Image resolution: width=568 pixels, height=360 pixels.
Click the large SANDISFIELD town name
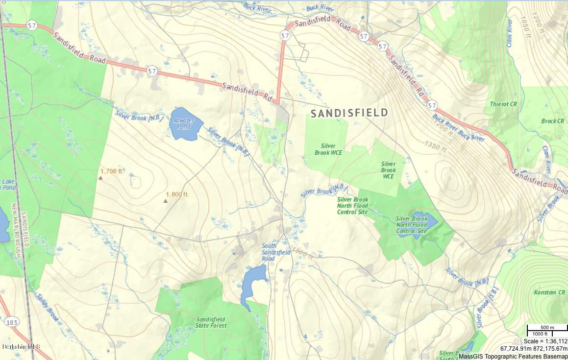[x=349, y=113]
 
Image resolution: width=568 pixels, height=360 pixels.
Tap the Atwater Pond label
[x=184, y=123]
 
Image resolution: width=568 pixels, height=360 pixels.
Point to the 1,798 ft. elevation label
[x=112, y=171]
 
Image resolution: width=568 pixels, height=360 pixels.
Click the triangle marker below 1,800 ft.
[x=165, y=201]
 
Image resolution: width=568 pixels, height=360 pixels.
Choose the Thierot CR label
[x=503, y=104]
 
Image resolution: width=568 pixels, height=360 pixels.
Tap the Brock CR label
[x=552, y=121]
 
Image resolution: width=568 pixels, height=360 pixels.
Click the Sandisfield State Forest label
[x=211, y=322]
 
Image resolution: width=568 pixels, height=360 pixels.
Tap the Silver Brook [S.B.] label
[x=484, y=307]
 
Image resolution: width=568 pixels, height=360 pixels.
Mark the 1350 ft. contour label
[x=436, y=145]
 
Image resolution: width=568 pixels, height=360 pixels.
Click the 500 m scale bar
[x=546, y=328]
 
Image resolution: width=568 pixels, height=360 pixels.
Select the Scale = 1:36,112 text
[x=545, y=341]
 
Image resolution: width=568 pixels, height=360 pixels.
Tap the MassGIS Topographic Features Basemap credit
[x=513, y=356]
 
